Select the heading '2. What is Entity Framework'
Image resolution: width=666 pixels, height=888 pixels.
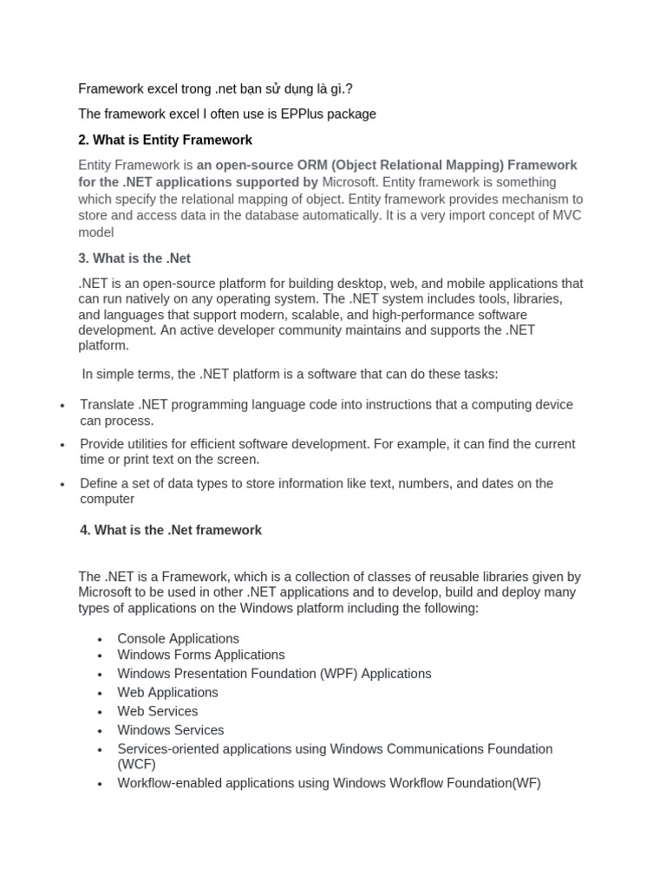pos(166,140)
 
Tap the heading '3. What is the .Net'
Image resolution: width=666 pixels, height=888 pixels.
pos(134,258)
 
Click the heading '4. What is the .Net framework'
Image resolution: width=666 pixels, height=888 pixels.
pos(170,530)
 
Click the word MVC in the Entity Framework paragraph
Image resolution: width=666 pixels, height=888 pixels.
pos(569,216)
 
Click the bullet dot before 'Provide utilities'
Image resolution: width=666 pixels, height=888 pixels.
pos(62,445)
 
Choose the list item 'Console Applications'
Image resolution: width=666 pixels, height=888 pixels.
pos(178,638)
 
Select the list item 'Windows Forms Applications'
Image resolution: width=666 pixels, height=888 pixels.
pos(200,655)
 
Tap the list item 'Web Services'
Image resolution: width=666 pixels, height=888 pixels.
pos(157,711)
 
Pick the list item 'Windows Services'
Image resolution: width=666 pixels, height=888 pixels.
pos(170,730)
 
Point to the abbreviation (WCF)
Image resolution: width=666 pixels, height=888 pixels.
pos(136,764)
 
